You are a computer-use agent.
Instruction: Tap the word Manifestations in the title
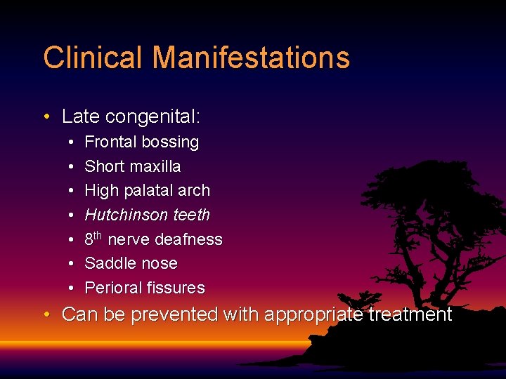click(x=251, y=58)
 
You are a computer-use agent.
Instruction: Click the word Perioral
click(x=113, y=288)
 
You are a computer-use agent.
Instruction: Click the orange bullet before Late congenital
click(x=46, y=117)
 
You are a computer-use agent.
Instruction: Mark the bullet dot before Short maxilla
click(x=73, y=167)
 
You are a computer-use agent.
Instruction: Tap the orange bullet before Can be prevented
click(x=46, y=315)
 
